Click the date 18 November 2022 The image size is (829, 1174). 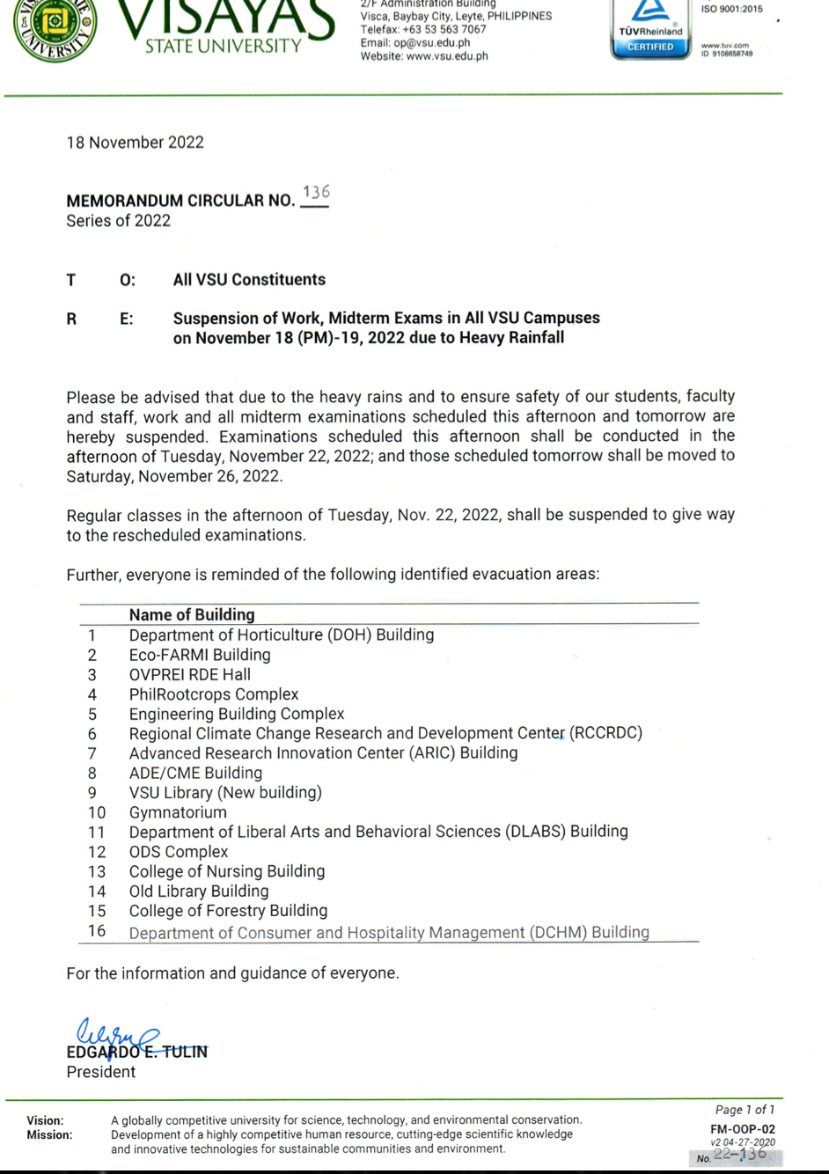point(136,143)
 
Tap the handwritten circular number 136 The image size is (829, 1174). point(315,193)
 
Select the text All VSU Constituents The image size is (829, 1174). point(249,280)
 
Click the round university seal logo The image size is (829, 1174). point(55,26)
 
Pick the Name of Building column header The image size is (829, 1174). point(192,614)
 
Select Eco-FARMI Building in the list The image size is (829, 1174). point(200,655)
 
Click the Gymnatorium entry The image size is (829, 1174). point(178,812)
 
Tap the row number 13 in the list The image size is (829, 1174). point(97,871)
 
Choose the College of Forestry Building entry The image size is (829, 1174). point(228,911)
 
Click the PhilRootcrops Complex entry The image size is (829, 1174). point(214,694)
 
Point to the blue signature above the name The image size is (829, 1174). point(114,1035)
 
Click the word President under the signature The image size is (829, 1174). point(101,1072)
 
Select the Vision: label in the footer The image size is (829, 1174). point(45,1120)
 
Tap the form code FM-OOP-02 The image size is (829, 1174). point(743,1129)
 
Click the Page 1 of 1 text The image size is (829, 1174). point(745,1110)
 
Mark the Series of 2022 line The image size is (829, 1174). point(119,221)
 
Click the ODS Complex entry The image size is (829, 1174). point(179,852)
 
